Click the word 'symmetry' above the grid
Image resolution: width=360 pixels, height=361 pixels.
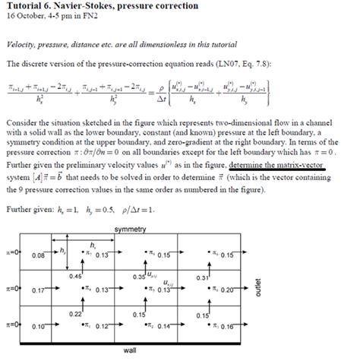131,230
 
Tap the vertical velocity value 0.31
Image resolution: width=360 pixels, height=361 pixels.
201,277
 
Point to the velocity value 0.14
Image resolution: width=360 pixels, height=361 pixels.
165,326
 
